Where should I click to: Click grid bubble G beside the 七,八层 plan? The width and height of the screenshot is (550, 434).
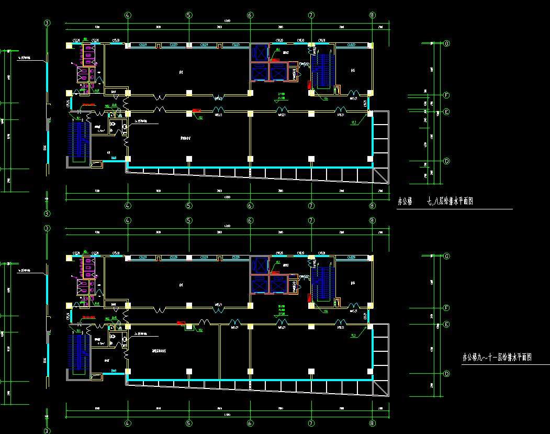pos(447,44)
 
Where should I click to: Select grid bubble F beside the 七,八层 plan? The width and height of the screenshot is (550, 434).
pos(447,95)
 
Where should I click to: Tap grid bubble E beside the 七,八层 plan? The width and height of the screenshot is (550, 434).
pos(447,112)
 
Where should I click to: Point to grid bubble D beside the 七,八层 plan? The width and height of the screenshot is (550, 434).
pos(447,161)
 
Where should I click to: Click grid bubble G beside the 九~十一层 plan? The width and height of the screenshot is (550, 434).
pos(447,257)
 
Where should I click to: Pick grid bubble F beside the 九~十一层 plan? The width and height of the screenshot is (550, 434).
pos(447,308)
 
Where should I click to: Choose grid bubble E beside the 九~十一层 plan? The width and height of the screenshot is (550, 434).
pos(447,325)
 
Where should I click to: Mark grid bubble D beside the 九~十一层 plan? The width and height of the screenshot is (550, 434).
pos(447,374)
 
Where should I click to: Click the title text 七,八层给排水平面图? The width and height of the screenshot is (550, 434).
pos(450,201)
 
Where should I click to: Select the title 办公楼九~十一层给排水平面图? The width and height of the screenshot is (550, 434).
pos(497,358)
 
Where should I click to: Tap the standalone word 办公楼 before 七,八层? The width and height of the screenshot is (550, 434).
pos(406,201)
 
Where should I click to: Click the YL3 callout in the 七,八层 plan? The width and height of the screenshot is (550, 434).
pos(354,123)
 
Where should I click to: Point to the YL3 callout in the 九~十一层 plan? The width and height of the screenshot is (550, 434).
pos(354,335)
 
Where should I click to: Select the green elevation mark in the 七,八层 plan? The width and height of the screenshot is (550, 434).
pos(282,96)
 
